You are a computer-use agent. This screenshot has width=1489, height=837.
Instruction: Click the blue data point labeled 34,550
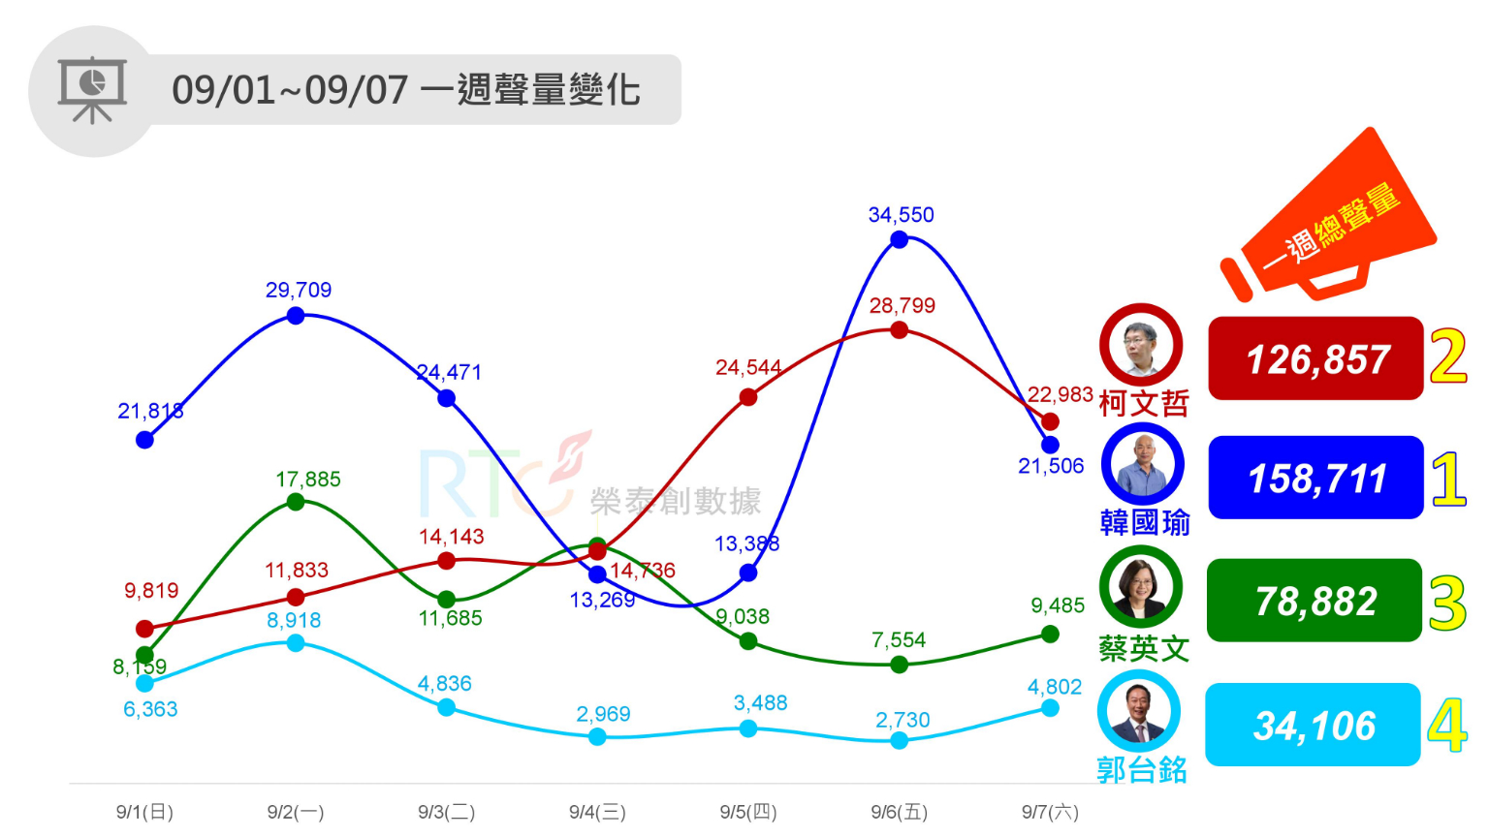pos(899,239)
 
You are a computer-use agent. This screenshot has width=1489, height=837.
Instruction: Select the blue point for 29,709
pos(296,316)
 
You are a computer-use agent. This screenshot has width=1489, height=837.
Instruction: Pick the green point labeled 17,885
pos(296,502)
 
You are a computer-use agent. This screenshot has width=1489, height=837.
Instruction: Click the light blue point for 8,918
pos(296,643)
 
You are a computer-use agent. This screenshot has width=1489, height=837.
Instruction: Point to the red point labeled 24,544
pos(747,397)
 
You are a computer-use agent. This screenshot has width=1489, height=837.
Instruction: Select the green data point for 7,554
pos(899,665)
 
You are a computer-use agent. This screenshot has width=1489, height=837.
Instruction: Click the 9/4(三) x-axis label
pos(597,812)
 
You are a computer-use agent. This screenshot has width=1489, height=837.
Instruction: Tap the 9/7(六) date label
pos(1050,812)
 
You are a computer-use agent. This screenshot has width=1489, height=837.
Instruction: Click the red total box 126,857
pos(1315,358)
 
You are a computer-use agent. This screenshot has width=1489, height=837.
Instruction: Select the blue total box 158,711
pos(1315,478)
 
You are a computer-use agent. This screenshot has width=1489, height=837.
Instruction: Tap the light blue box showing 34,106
pos(1313,725)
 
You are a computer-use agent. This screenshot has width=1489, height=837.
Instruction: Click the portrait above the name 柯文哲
pos(1141,346)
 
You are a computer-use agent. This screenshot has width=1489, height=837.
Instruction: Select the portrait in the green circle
pos(1141,587)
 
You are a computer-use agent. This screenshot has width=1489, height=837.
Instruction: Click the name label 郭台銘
pos(1141,770)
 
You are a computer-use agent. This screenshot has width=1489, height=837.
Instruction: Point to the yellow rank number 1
pos(1448,479)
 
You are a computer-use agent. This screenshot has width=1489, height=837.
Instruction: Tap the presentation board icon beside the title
pos(92,90)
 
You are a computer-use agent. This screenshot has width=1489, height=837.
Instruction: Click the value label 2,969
pos(603,715)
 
